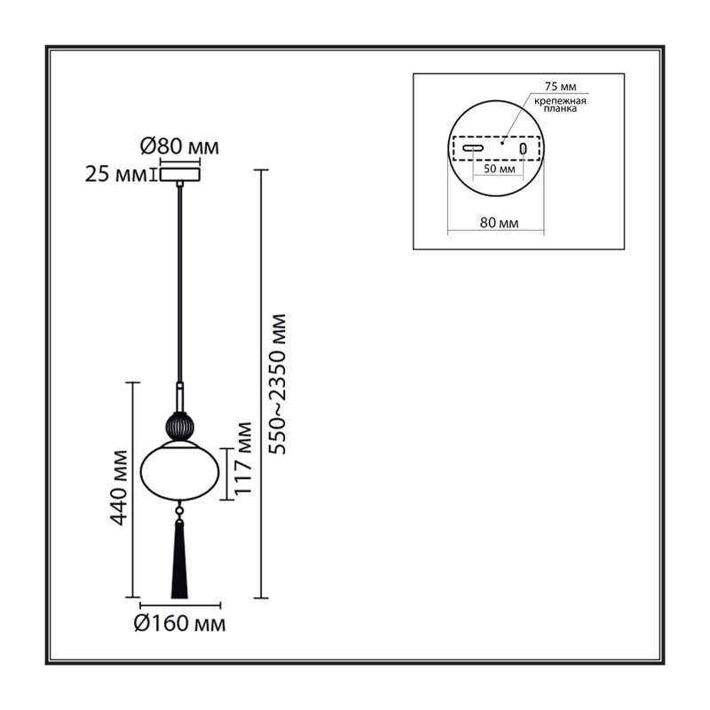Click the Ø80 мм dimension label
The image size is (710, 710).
click(180, 146)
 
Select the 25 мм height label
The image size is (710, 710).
click(116, 174)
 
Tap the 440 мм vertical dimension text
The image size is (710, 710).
click(119, 487)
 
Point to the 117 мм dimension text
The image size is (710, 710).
click(244, 458)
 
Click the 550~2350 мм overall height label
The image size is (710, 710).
click(278, 384)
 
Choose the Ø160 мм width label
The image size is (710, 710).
click(180, 624)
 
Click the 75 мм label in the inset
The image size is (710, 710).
click(560, 86)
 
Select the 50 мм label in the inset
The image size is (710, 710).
click(500, 169)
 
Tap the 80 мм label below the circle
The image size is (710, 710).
click(499, 223)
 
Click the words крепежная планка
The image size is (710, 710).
click(560, 105)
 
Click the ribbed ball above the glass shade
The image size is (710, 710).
click(180, 426)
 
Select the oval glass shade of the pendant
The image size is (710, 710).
click(180, 471)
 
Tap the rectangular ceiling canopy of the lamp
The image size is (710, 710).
click(180, 174)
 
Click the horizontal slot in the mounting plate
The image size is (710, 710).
click(473, 147)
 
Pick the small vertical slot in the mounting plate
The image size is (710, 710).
click(524, 148)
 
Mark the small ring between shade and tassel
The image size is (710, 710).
click(180, 511)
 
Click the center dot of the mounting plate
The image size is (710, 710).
click(502, 143)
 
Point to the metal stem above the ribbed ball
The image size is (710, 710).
click(180, 398)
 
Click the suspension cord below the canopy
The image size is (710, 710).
click(180, 284)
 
